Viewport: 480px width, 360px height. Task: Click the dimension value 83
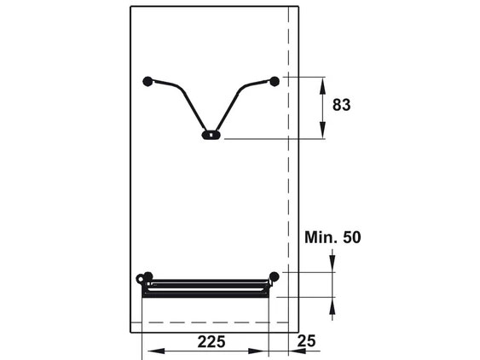click(342, 106)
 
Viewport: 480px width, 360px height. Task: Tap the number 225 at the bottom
click(211, 342)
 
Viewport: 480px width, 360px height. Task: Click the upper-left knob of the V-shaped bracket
click(148, 81)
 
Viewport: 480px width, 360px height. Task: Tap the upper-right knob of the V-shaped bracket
click(275, 81)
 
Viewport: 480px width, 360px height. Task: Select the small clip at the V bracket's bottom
click(209, 134)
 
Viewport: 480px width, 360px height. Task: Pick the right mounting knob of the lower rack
click(274, 276)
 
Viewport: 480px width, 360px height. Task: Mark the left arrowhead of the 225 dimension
click(148, 350)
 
